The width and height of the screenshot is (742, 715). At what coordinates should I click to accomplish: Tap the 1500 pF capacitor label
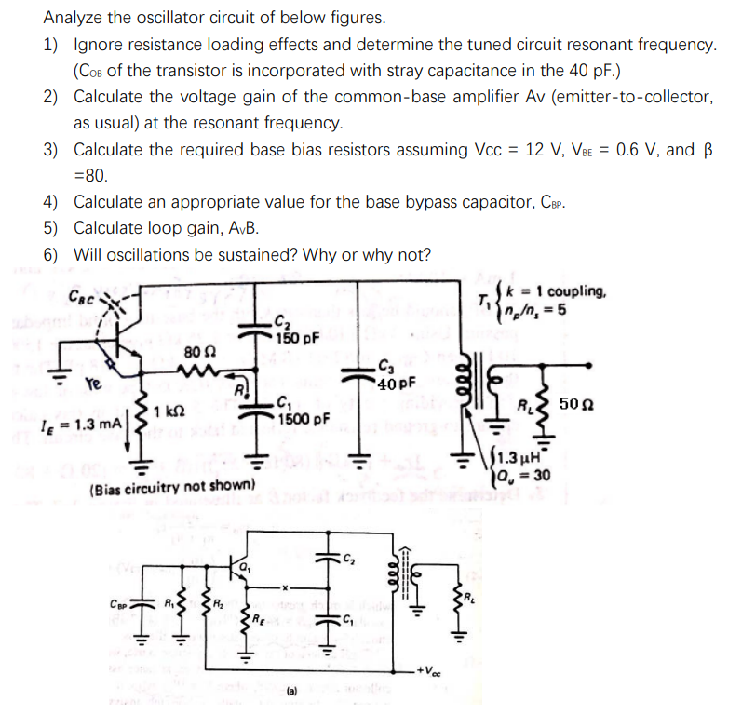pos(304,418)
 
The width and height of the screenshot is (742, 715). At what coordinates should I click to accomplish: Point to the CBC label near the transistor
pos(82,298)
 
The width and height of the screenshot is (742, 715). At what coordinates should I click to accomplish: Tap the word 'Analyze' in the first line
pos(71,18)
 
